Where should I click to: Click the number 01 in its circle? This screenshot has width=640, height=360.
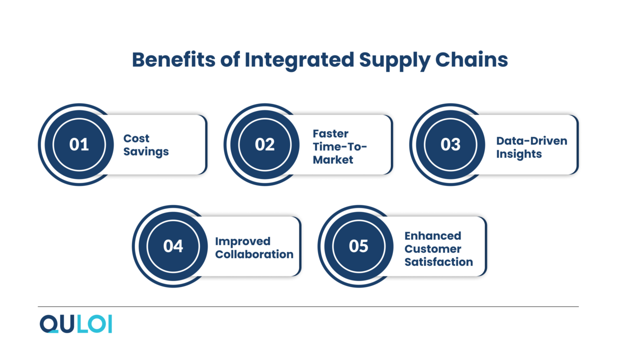coord(79,145)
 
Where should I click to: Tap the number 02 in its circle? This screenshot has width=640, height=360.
coord(264,145)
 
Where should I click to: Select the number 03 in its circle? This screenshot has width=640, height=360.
coord(450,145)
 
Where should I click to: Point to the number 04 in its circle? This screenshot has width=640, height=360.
coord(173,246)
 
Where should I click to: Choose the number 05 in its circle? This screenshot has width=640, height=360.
coord(358,246)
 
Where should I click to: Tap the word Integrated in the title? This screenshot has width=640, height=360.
coord(299,60)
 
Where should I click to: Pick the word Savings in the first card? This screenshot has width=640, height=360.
coord(146,151)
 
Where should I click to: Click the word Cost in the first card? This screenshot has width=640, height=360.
coord(136,138)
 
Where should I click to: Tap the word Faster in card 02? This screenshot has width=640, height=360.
coord(330,133)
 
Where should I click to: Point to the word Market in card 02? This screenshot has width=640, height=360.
coord(333,160)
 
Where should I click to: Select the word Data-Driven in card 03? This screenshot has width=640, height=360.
coord(531,140)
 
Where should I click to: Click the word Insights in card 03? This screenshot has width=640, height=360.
coord(518,154)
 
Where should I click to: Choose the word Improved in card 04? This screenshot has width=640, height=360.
coord(242,241)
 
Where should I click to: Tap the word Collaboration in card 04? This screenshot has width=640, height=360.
coord(254,254)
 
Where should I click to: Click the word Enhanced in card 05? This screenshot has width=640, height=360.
coord(432,235)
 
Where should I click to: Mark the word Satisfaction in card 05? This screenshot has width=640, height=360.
coord(438,262)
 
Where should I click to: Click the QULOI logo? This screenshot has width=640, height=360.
coord(76,324)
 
